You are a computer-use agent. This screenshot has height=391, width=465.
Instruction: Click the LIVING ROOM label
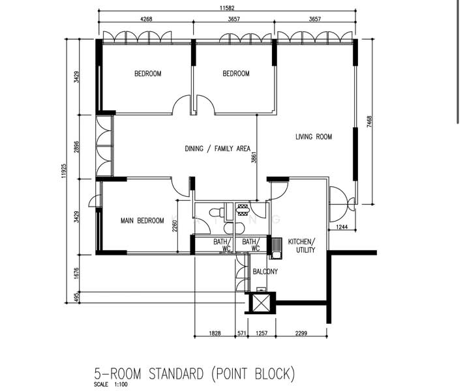click(314, 137)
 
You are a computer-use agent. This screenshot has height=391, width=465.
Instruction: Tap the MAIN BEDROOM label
click(142, 221)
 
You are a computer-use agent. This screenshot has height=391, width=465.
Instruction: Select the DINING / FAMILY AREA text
click(218, 149)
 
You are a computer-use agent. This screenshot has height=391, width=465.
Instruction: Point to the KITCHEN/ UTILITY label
click(301, 245)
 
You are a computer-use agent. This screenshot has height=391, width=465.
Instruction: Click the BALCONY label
click(265, 272)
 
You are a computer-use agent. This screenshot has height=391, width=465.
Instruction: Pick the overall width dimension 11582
click(228, 8)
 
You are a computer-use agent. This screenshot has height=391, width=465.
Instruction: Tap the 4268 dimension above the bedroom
click(147, 20)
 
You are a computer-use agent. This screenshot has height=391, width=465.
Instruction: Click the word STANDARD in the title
click(166, 374)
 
